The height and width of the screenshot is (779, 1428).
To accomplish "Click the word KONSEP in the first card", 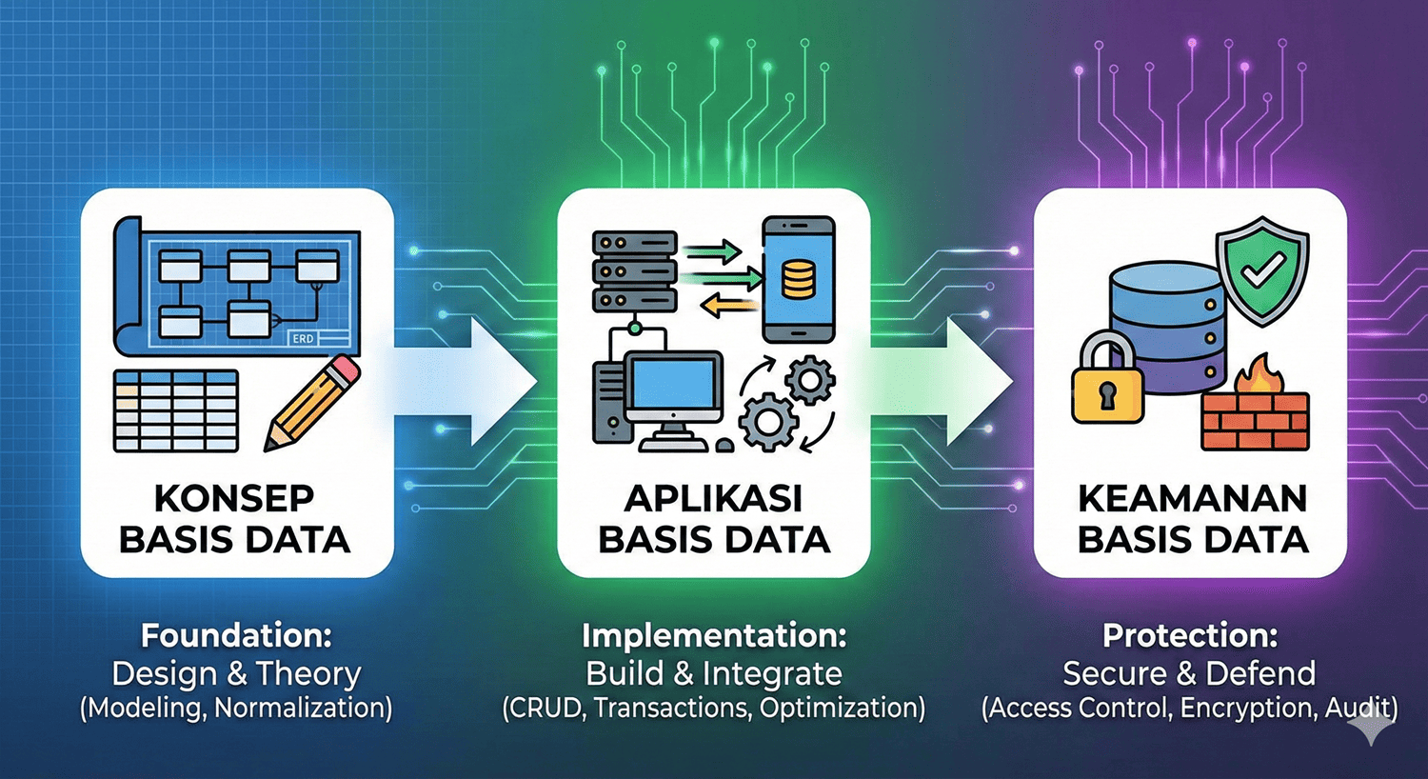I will (234, 498).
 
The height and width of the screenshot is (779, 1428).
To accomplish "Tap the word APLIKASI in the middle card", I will (713, 498).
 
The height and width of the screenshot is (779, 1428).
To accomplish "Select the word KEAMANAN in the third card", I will (1192, 498).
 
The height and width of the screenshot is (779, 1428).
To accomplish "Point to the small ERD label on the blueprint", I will (303, 338).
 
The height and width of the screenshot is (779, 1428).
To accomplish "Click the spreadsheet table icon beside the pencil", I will (176, 410).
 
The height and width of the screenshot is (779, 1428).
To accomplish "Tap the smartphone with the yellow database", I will (798, 279).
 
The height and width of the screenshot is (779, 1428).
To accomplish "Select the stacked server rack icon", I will (634, 271).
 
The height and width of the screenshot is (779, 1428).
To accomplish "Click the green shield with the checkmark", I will (1262, 270).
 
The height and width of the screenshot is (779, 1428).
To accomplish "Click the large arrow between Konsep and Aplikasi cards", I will (476, 381).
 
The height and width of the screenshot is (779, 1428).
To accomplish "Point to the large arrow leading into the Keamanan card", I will (952, 381).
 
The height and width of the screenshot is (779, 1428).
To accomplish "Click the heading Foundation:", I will (236, 635).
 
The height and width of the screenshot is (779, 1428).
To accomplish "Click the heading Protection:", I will (1190, 635).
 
